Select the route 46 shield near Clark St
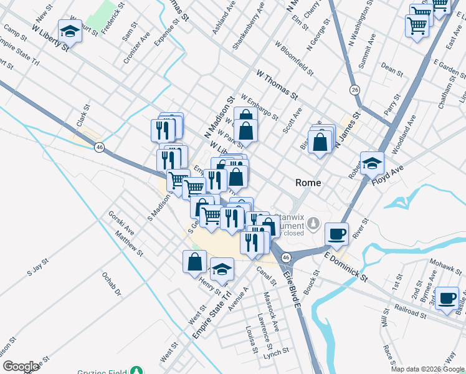pyautogui.click(x=99, y=147)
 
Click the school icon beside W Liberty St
pyautogui.click(x=70, y=30)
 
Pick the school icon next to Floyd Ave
pyautogui.click(x=372, y=163)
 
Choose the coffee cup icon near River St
pyautogui.click(x=336, y=234)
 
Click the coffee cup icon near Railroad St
pyautogui.click(x=447, y=297)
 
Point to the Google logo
pyautogui.click(x=21, y=367)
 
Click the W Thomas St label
pyautogui.click(x=277, y=84)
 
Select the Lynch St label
pyautogui.click(x=272, y=355)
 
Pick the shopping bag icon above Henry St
pyautogui.click(x=194, y=262)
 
